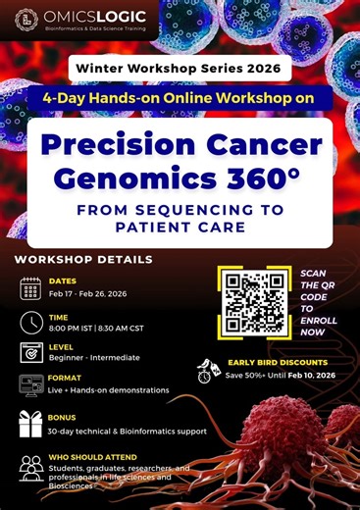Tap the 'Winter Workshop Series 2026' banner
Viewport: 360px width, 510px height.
point(180,69)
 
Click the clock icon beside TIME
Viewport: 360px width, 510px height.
point(30,322)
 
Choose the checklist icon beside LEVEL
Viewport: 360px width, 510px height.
point(30,353)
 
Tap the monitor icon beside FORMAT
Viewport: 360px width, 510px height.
point(30,385)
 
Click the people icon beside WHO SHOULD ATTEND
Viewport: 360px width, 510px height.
point(30,465)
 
